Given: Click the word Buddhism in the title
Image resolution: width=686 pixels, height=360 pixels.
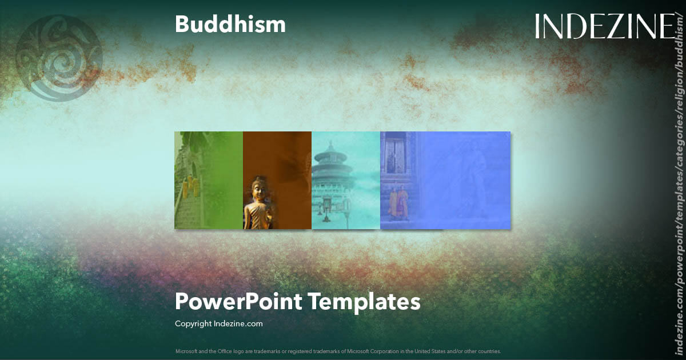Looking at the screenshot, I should [x=230, y=25].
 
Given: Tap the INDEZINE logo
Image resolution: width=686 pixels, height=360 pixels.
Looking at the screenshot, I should [x=605, y=27].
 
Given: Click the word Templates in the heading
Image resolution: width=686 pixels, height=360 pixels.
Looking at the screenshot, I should [x=365, y=301].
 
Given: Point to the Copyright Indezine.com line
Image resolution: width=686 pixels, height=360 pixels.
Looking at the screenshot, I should [x=218, y=323].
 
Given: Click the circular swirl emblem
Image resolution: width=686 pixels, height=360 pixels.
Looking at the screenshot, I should [x=59, y=58].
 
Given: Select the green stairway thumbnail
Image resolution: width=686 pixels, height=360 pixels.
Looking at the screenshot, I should [x=208, y=180].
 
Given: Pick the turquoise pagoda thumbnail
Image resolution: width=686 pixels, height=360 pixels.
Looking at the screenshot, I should [x=345, y=180].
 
